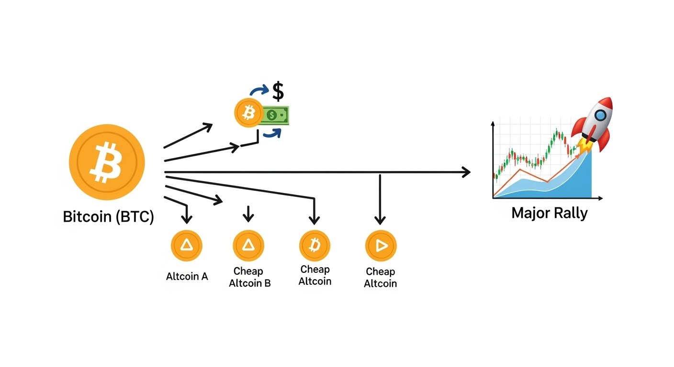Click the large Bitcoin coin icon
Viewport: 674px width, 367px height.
106,162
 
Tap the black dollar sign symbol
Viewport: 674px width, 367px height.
278,91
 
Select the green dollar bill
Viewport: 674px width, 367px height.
276,115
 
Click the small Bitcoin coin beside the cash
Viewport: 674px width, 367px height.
248,113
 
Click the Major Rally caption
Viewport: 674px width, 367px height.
549,213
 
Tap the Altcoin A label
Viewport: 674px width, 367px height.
187,276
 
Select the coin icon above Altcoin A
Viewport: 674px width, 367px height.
186,246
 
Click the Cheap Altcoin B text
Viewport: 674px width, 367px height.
249,277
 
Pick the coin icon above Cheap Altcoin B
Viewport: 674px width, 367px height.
248,246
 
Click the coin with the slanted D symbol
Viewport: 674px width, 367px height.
315,246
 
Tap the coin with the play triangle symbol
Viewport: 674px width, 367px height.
381,246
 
